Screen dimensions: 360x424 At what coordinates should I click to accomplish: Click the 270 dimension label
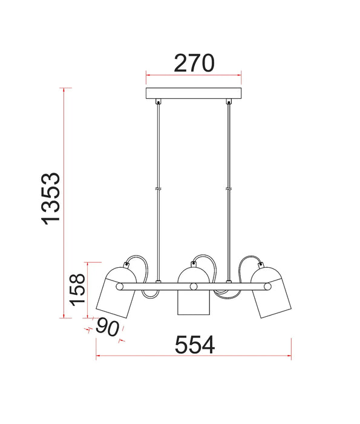pos(194,63)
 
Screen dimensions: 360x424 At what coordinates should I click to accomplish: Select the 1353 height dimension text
pos(51,199)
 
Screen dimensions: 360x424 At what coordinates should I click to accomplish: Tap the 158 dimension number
pos(78,290)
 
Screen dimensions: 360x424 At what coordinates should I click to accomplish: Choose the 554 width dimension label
pos(195,345)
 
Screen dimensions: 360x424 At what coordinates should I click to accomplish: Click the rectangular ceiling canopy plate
pos(194,93)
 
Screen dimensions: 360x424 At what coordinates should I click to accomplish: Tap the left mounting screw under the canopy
pos(159,102)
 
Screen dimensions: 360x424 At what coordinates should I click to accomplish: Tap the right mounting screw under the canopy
pos(229,102)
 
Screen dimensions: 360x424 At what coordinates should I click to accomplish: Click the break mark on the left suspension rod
pos(159,189)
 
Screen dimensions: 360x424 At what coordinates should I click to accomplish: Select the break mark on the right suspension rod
pos(229,189)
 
